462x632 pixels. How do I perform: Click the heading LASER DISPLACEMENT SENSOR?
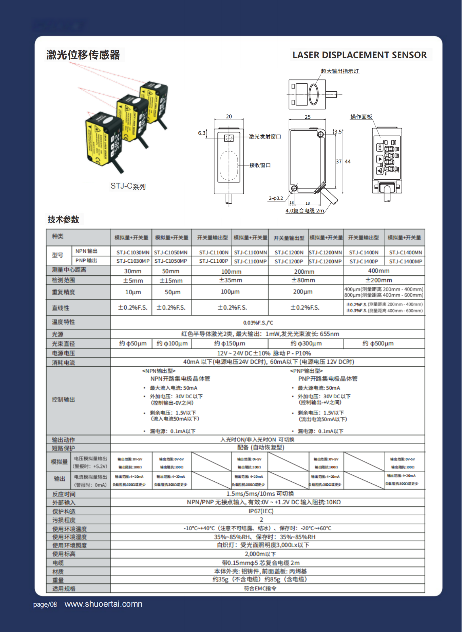[359, 55]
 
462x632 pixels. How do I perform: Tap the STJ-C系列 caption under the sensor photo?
[128, 186]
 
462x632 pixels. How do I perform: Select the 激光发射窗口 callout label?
[265, 137]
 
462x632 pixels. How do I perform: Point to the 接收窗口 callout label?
[260, 165]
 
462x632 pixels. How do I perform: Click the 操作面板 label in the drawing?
[361, 117]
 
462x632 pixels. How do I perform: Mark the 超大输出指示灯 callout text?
[340, 71]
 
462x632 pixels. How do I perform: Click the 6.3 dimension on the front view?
[202, 133]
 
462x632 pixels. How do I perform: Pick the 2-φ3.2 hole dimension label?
[276, 198]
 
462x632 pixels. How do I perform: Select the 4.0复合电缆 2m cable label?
[305, 211]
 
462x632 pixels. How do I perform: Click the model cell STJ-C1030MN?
[133, 253]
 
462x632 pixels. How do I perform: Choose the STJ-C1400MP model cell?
[405, 262]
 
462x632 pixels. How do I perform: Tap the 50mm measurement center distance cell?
[171, 271]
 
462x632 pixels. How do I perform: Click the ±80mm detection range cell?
[303, 280]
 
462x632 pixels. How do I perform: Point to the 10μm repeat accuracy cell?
[133, 292]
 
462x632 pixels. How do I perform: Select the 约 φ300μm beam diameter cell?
[306, 343]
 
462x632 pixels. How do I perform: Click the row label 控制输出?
[63, 400]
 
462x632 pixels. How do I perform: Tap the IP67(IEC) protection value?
[261, 511]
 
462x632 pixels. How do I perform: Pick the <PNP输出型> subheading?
[306, 371]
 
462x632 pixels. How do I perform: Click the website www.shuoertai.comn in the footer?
[103, 604]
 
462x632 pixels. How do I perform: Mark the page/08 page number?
[45, 605]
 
